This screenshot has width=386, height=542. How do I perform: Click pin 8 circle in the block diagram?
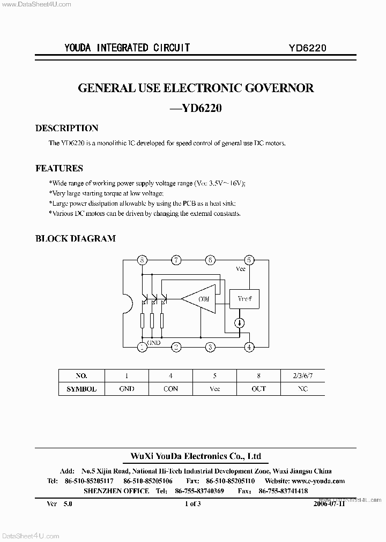[142, 260]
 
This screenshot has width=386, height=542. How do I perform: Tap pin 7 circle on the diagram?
[176, 260]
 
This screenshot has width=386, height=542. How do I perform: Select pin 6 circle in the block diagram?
[211, 260]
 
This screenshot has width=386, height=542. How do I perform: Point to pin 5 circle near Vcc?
[248, 260]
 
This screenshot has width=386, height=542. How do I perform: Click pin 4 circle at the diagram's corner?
[248, 347]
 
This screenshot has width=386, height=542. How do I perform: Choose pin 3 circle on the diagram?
[211, 347]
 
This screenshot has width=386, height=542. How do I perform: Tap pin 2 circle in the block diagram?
[176, 347]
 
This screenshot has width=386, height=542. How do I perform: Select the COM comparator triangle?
[201, 299]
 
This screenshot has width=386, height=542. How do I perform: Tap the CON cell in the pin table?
[170, 389]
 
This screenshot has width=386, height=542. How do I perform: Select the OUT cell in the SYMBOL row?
[258, 389]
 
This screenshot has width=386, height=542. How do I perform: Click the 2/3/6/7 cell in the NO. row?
[302, 375]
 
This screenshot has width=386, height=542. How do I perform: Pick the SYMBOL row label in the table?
[81, 389]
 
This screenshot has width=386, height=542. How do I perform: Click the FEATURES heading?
[59, 168]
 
